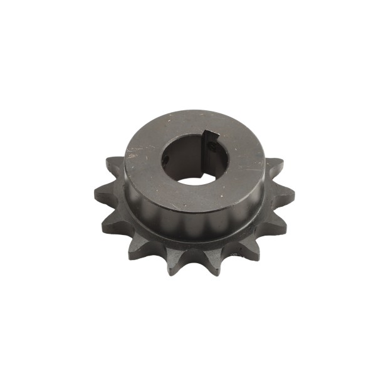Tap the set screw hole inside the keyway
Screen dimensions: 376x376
[x=212, y=150]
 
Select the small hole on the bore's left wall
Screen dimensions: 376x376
[x=165, y=160]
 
